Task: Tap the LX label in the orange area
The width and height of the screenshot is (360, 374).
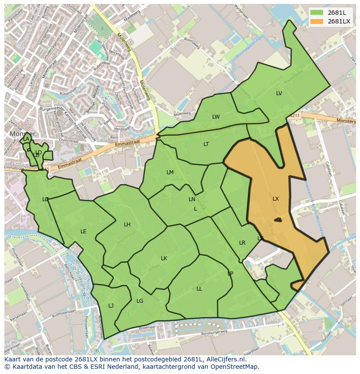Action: tap(276, 199)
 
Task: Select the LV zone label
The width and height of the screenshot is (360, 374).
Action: tap(279, 93)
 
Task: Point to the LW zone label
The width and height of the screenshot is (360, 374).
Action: tap(216, 117)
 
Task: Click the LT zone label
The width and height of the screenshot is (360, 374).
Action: tap(206, 144)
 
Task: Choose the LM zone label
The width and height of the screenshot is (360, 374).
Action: tap(170, 172)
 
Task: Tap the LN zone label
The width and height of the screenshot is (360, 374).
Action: tap(192, 199)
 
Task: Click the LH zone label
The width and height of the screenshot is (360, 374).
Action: tap(127, 225)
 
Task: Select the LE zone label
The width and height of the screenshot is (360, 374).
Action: tap(83, 232)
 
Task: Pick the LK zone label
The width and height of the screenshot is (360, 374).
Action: tap(164, 258)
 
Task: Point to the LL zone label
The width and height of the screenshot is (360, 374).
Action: tap(199, 289)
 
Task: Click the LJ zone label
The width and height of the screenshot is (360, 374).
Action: tap(111, 306)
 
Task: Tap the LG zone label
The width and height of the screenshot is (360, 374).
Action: tap(140, 301)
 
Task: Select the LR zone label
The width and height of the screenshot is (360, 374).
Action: tap(242, 243)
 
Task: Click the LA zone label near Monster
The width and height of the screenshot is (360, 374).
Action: tap(26, 139)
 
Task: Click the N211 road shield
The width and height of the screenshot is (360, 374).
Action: tap(294, 116)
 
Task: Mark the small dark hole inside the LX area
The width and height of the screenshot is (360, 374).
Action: tap(277, 220)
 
